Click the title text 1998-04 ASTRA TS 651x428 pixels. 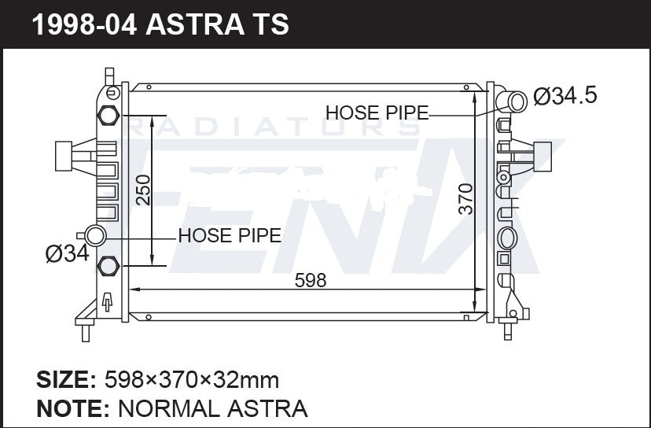[x=160, y=24]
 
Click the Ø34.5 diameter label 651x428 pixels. [x=565, y=97]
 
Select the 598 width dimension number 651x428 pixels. [x=310, y=279]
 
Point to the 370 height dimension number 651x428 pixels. [x=465, y=200]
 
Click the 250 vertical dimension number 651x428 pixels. [x=143, y=190]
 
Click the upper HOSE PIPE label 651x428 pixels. [x=377, y=113]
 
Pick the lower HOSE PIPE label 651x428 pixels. [x=230, y=235]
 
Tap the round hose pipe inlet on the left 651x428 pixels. [x=96, y=234]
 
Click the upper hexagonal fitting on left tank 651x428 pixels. [x=108, y=115]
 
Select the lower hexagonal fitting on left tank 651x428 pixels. [x=108, y=267]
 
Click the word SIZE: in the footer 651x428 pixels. [x=66, y=381]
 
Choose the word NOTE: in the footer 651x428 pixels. [x=72, y=408]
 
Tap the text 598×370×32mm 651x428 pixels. [x=192, y=381]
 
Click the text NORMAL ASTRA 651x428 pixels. [x=211, y=408]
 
